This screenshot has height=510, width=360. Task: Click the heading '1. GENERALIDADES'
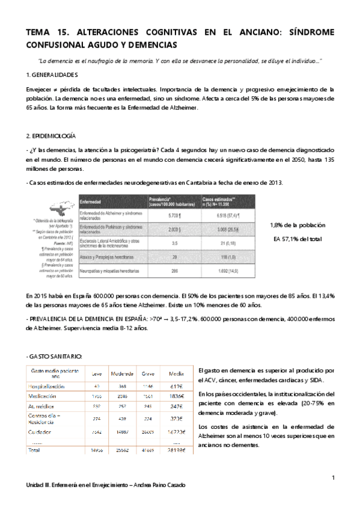coord(52,75)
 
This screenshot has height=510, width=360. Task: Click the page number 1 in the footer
coord(332,478)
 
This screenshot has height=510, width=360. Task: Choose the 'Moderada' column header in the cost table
coord(122,373)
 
